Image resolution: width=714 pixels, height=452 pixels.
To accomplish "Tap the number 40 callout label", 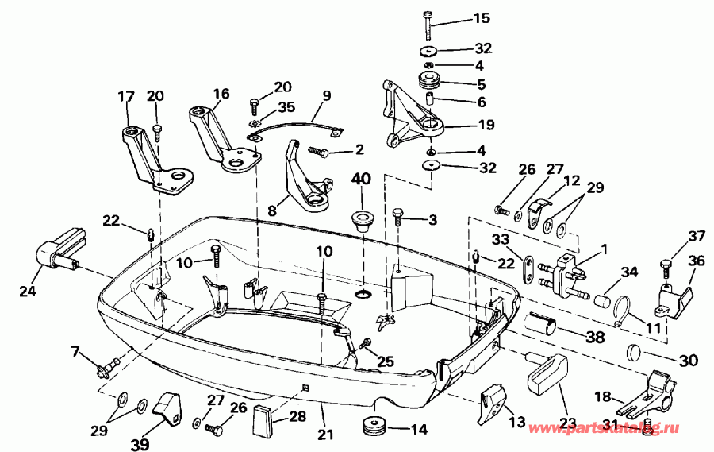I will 361,180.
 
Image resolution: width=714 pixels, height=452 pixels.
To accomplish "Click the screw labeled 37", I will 666,262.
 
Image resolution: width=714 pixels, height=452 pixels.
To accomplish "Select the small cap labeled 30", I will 632,352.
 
